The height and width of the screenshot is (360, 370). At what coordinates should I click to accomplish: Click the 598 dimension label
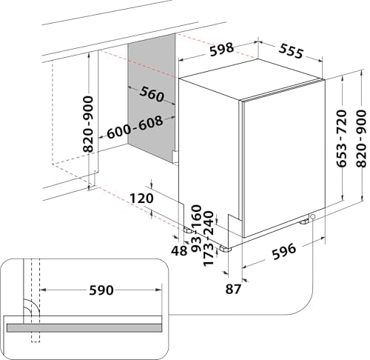tap(221, 50)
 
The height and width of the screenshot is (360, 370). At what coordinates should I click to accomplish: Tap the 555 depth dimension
tap(291, 51)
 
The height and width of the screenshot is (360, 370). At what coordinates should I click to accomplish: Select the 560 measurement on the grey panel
tap(152, 94)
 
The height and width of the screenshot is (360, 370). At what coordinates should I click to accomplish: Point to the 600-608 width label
tap(135, 127)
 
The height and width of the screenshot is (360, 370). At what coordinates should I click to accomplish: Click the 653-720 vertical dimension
tap(342, 139)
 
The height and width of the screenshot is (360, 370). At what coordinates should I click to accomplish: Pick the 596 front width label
tap(283, 252)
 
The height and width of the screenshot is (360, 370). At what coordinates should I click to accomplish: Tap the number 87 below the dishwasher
tap(233, 289)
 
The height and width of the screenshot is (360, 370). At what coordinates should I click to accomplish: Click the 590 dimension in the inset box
tap(101, 290)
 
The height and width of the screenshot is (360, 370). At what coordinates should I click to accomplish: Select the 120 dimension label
tap(141, 199)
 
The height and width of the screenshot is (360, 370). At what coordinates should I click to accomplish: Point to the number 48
tap(179, 251)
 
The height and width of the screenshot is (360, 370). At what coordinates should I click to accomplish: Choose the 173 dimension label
tap(208, 255)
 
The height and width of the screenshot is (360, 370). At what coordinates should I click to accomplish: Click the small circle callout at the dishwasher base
tap(313, 216)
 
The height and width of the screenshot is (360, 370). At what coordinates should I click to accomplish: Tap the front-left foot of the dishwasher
tap(226, 249)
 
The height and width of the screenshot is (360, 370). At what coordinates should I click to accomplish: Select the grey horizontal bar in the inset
tap(84, 328)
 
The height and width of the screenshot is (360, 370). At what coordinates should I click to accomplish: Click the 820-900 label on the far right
tap(361, 139)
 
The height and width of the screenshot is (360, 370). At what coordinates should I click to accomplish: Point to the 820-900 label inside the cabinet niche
tap(88, 124)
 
